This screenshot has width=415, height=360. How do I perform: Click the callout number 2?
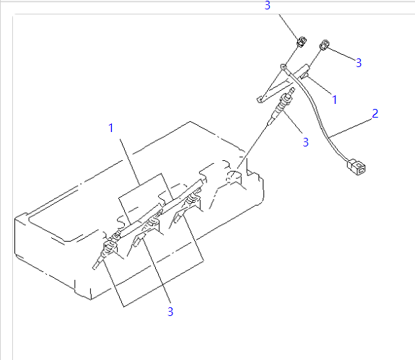(x=375, y=113)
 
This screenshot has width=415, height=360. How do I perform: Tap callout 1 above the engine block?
(x=111, y=128)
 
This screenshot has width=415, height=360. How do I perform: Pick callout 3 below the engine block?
(x=170, y=312)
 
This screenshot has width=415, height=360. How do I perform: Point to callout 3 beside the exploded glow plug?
(x=305, y=142)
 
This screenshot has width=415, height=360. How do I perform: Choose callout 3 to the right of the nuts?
(x=358, y=63)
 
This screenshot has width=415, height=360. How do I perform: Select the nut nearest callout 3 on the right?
(x=326, y=45)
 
